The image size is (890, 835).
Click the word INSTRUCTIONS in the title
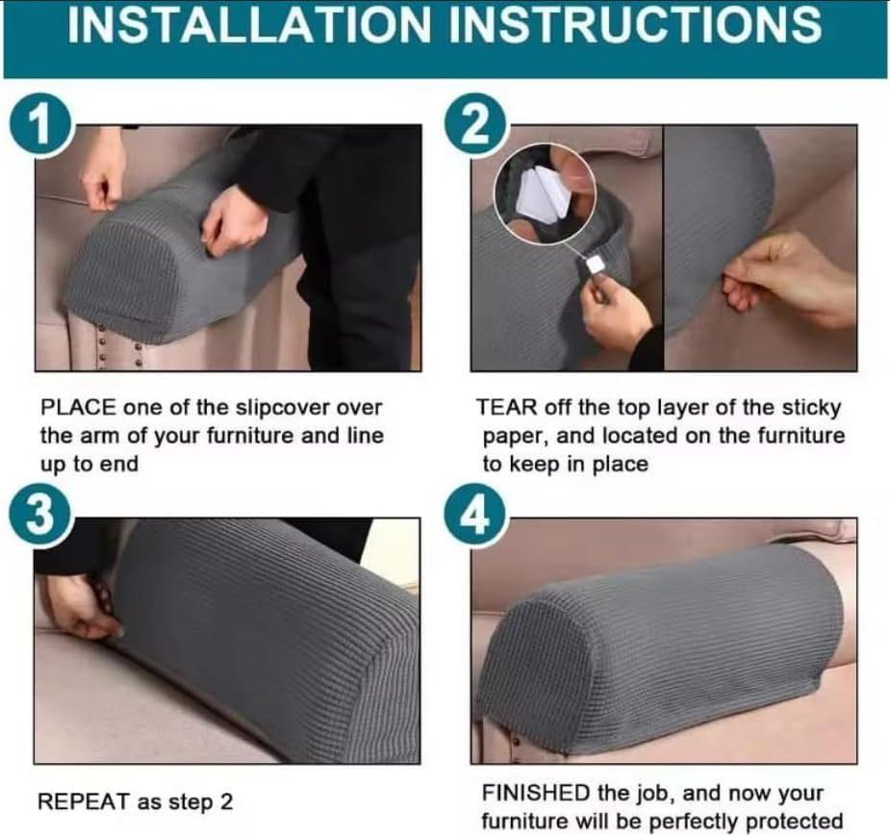[638, 26]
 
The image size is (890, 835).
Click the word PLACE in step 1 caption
[73, 408]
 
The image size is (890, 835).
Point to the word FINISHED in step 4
[535, 794]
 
